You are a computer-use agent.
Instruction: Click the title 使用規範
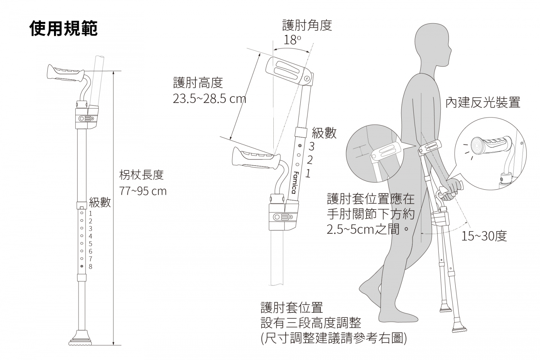click(64, 28)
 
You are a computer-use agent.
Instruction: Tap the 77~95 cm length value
click(143, 191)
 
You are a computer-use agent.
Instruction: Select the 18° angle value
click(292, 40)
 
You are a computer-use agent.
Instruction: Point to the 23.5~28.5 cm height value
click(209, 99)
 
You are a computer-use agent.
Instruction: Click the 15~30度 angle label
click(484, 236)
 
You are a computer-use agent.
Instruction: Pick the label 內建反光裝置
click(483, 102)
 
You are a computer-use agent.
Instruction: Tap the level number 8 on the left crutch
click(90, 267)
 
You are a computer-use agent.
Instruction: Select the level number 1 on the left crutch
click(90, 214)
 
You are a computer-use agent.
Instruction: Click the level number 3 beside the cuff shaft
click(311, 146)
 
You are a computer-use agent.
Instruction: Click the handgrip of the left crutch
click(66, 74)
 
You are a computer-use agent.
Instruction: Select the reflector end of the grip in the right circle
click(476, 145)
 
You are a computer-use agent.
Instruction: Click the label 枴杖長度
click(141, 175)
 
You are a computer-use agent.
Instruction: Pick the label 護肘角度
click(307, 25)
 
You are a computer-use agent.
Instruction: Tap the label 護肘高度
click(198, 83)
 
